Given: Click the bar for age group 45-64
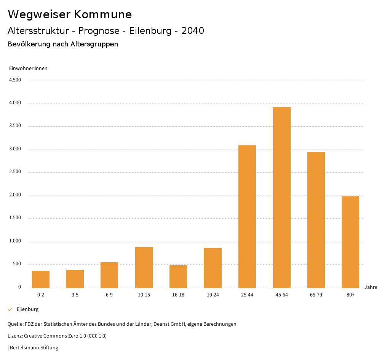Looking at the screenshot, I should [281, 198].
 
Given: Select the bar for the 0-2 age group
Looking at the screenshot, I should [41, 279].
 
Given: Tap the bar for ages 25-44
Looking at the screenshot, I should [247, 217].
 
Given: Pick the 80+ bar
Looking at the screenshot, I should [350, 242].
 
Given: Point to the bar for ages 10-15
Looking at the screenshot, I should [144, 267].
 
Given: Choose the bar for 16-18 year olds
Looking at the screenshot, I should [178, 276].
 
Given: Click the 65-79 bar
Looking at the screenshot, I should [316, 220].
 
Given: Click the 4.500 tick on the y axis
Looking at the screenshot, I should [15, 80].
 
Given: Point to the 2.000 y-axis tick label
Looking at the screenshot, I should [15, 195].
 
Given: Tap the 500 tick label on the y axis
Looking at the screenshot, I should [17, 264].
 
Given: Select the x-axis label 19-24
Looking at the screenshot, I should [213, 295].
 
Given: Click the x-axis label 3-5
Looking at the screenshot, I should [75, 295].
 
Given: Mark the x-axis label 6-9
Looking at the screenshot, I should [109, 295].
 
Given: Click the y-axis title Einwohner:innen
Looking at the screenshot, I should [28, 68].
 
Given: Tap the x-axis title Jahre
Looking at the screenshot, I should [371, 287].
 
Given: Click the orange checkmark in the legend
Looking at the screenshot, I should [10, 309].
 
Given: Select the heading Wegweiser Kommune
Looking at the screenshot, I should [70, 14].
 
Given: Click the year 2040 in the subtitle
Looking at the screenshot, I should [193, 31].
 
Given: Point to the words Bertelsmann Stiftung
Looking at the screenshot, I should [34, 348].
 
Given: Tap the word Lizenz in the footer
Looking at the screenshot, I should [15, 336].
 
